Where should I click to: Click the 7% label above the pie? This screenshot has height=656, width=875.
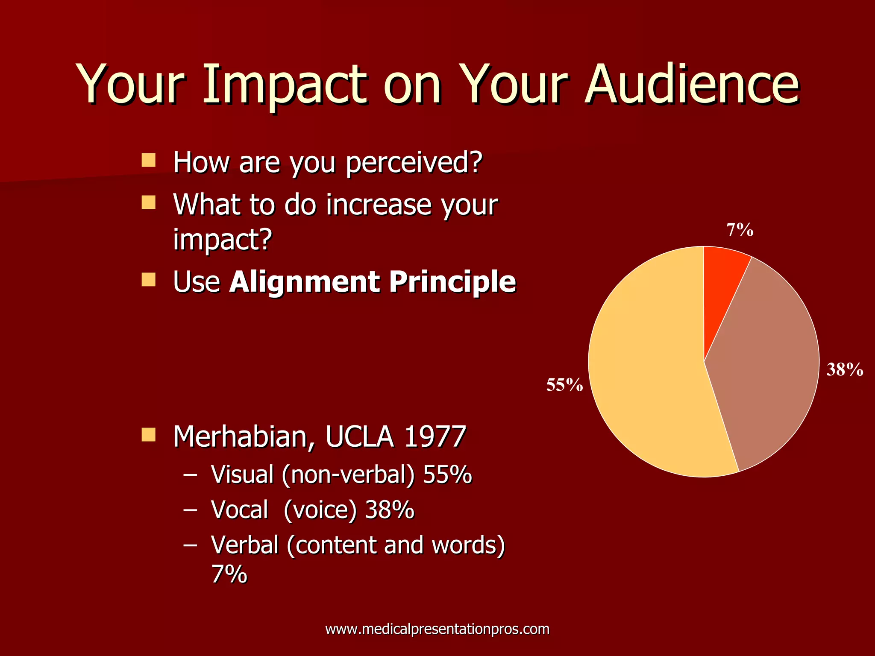(740, 230)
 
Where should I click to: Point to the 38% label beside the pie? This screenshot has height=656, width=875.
(844, 369)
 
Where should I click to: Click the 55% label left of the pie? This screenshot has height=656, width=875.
(564, 385)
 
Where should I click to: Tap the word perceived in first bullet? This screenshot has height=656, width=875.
(413, 163)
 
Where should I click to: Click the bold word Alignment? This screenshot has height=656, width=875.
(304, 282)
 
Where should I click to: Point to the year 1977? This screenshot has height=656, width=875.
(435, 437)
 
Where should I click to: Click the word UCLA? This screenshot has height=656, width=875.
(359, 437)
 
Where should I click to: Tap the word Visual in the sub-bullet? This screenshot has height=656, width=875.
(242, 474)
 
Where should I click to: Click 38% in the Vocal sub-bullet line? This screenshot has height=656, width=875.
(390, 510)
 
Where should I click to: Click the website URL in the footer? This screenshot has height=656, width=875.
(437, 629)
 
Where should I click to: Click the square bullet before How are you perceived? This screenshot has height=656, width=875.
(148, 161)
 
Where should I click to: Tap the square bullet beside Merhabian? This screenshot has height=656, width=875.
(148, 435)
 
